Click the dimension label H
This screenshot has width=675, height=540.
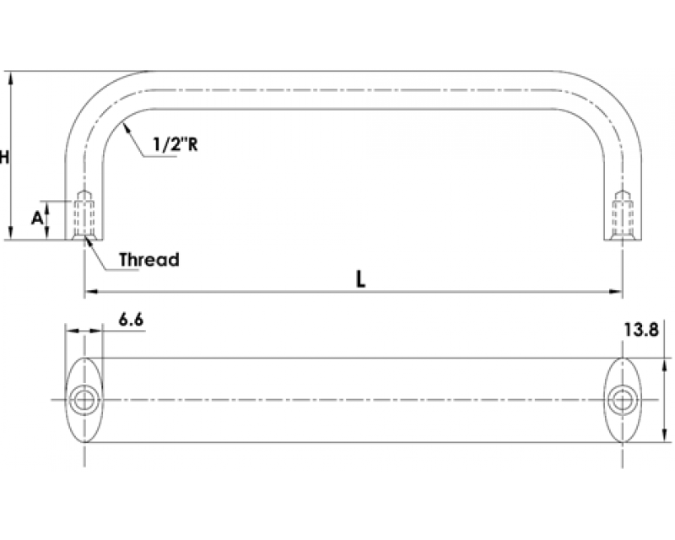4,157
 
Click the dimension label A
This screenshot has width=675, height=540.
37,219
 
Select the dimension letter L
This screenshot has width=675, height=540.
361,279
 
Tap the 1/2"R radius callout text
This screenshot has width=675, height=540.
175,144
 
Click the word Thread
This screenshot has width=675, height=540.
149,260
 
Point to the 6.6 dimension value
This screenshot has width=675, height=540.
131,320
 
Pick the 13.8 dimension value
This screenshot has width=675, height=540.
641,330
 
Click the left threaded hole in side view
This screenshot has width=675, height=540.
84,214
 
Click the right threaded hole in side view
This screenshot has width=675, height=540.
623,214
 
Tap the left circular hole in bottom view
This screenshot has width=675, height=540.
84,400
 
